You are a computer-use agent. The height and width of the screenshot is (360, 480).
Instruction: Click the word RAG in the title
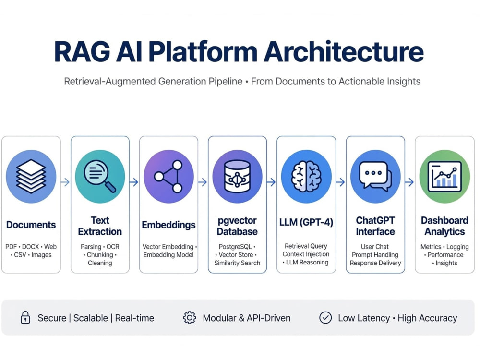82,52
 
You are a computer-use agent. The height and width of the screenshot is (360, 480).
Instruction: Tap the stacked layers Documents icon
31,176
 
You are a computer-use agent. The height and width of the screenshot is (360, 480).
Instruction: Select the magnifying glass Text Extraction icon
100,176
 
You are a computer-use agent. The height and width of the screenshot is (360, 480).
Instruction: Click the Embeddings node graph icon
168,176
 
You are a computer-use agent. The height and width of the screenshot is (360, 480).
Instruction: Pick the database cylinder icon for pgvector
237,176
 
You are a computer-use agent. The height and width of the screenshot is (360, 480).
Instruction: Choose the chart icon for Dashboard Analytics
444,177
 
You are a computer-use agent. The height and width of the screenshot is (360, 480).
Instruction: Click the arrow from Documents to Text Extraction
65,182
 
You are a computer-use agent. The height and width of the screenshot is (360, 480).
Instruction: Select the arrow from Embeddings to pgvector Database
203,182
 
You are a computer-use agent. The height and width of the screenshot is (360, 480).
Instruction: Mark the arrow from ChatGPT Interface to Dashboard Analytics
409,182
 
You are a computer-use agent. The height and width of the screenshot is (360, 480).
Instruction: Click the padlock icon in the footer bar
25,317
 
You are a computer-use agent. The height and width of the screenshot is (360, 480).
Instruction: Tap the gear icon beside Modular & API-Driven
190,318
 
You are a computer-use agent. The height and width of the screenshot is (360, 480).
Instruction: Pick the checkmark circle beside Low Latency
325,318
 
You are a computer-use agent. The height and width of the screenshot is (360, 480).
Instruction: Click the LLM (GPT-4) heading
306,222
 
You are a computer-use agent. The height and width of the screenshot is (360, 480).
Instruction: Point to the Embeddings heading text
168,225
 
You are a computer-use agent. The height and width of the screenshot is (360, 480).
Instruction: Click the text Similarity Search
237,263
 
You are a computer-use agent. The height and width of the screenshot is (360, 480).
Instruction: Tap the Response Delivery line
375,263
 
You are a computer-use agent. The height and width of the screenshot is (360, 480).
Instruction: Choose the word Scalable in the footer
91,318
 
